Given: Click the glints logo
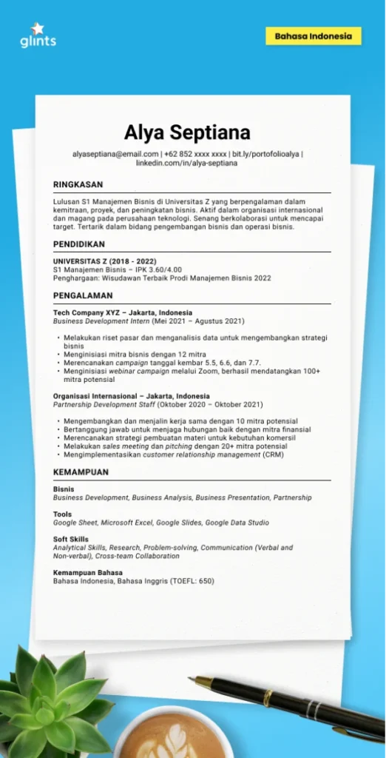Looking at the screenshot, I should tap(38, 36).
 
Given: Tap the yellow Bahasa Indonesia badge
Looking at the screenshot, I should tap(314, 36).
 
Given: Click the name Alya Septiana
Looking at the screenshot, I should tap(187, 133).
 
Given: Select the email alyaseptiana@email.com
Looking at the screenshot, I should tap(115, 154).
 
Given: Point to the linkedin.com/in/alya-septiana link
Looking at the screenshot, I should tap(186, 163).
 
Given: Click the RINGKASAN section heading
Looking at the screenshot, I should tap(78, 185).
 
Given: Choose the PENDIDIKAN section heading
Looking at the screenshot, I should tap(79, 244).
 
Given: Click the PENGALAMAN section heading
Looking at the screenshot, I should tap(83, 295).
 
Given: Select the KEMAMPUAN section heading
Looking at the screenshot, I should tap(81, 472).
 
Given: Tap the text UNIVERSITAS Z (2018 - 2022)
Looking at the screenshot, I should tap(104, 261).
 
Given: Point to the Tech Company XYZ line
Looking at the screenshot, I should tap(122, 312).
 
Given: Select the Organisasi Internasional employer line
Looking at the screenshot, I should tap(131, 396).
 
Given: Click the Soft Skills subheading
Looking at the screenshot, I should tap(71, 540).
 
